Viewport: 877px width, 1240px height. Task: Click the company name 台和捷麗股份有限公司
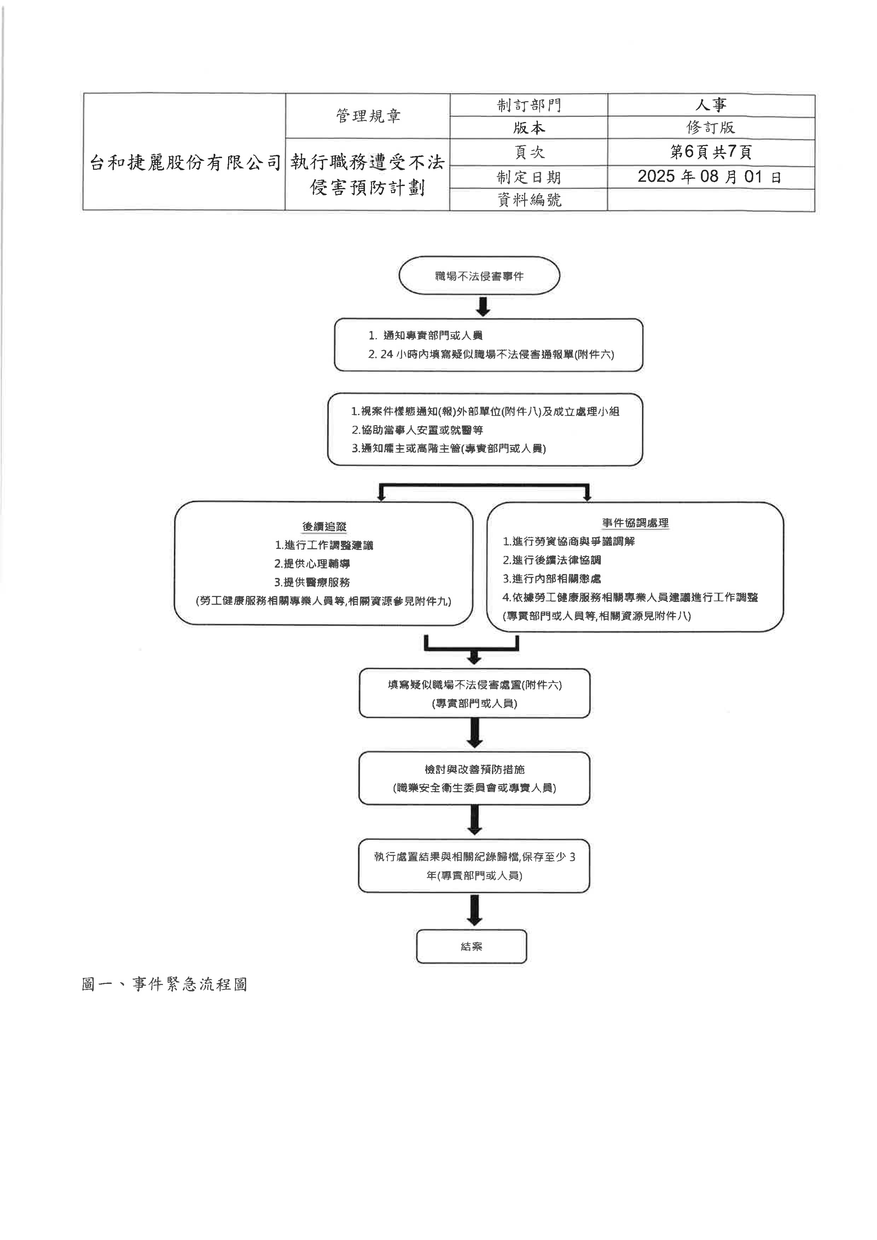[185, 162]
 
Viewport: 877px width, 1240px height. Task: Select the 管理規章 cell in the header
[368, 116]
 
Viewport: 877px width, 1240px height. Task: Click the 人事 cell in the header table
[711, 105]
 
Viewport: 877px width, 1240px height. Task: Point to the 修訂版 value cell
[711, 128]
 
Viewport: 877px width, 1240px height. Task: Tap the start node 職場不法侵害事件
[479, 276]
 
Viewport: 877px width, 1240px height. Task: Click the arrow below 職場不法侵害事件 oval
[483, 306]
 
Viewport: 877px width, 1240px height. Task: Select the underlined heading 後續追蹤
[324, 527]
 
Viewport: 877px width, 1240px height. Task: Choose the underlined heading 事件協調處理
[635, 523]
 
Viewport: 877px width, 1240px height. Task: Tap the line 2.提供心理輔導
[312, 563]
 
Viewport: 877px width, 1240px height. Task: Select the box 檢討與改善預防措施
[474, 778]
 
